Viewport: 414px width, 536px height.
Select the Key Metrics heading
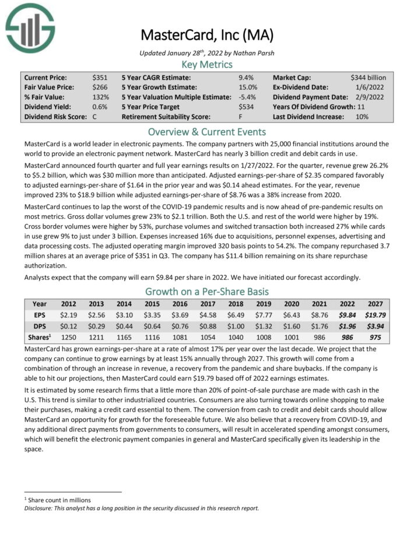[207, 64]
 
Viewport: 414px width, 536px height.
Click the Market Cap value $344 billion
[368, 77]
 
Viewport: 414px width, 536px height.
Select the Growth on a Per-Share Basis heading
[207, 292]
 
